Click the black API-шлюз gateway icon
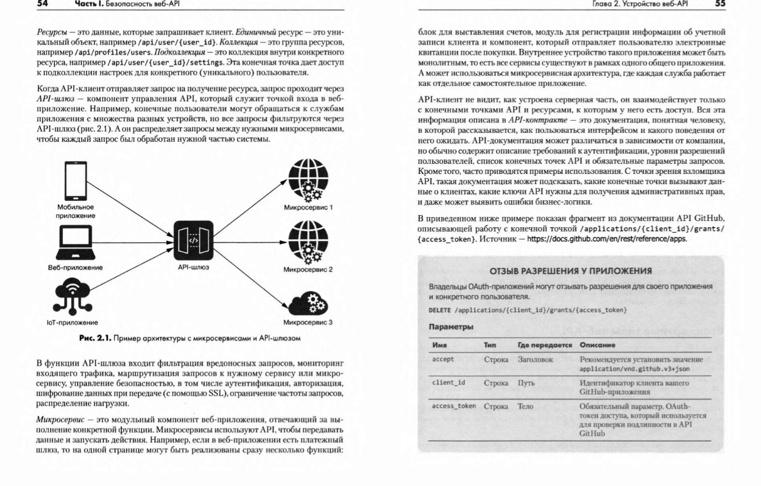point(194,240)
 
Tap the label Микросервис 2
point(308,269)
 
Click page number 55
point(720,4)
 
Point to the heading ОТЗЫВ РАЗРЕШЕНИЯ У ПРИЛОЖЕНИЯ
point(571,271)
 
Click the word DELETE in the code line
point(439,310)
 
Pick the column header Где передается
point(544,345)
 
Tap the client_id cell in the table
point(448,383)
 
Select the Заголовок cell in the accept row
point(535,359)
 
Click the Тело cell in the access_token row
point(525,406)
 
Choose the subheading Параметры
point(451,327)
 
